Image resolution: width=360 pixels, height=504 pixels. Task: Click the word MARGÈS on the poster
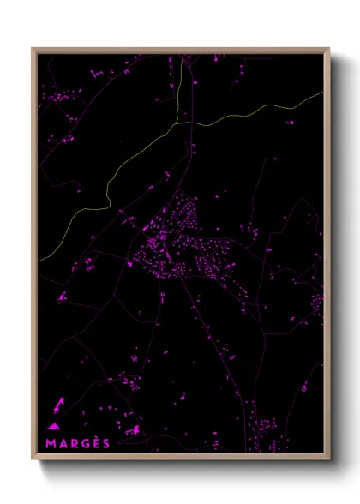coord(78,442)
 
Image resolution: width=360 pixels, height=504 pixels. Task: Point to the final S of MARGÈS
coord(106,442)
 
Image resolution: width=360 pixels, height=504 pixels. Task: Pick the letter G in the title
coord(84,442)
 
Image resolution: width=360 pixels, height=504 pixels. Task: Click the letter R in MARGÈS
coord(73,442)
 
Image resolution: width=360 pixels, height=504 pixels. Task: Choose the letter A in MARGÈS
coord(62,442)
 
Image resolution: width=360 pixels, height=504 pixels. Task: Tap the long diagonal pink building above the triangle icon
coord(59,402)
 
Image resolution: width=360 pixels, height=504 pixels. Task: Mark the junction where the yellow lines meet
coord(177,123)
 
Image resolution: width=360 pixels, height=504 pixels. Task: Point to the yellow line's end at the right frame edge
coord(323,93)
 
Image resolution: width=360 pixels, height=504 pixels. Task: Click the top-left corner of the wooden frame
coord(33,49)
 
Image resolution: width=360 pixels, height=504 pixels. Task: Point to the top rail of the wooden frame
coord(181,50)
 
